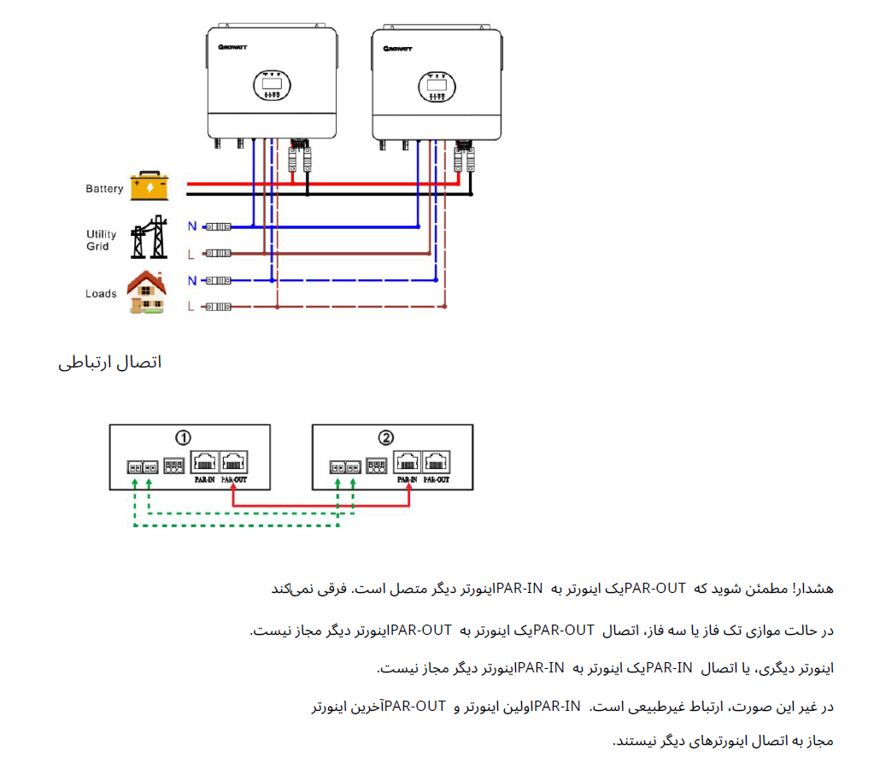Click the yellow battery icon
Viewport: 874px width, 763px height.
tap(149, 185)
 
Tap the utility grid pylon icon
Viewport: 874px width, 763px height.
tap(149, 237)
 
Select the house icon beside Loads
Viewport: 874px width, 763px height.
tap(147, 292)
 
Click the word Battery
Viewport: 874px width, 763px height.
tap(104, 189)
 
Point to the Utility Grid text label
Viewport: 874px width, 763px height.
tap(101, 240)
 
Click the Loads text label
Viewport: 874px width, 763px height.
tap(101, 294)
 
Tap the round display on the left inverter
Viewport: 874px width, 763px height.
tap(272, 85)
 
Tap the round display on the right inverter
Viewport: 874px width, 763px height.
tap(437, 87)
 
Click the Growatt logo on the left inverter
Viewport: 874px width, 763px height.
tap(232, 47)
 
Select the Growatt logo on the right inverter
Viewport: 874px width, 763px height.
tap(397, 49)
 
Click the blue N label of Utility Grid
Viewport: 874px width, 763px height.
tap(192, 226)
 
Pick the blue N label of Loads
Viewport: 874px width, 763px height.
tap(192, 280)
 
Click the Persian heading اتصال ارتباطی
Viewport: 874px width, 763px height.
tap(110, 362)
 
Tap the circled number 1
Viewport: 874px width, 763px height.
tap(184, 438)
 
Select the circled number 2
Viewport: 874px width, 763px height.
tap(385, 438)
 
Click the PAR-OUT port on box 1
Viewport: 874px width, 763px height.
tap(233, 462)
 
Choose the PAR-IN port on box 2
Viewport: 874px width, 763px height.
tap(408, 462)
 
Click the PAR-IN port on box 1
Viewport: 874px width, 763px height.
tap(204, 462)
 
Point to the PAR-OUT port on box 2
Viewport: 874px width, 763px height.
tap(436, 462)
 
